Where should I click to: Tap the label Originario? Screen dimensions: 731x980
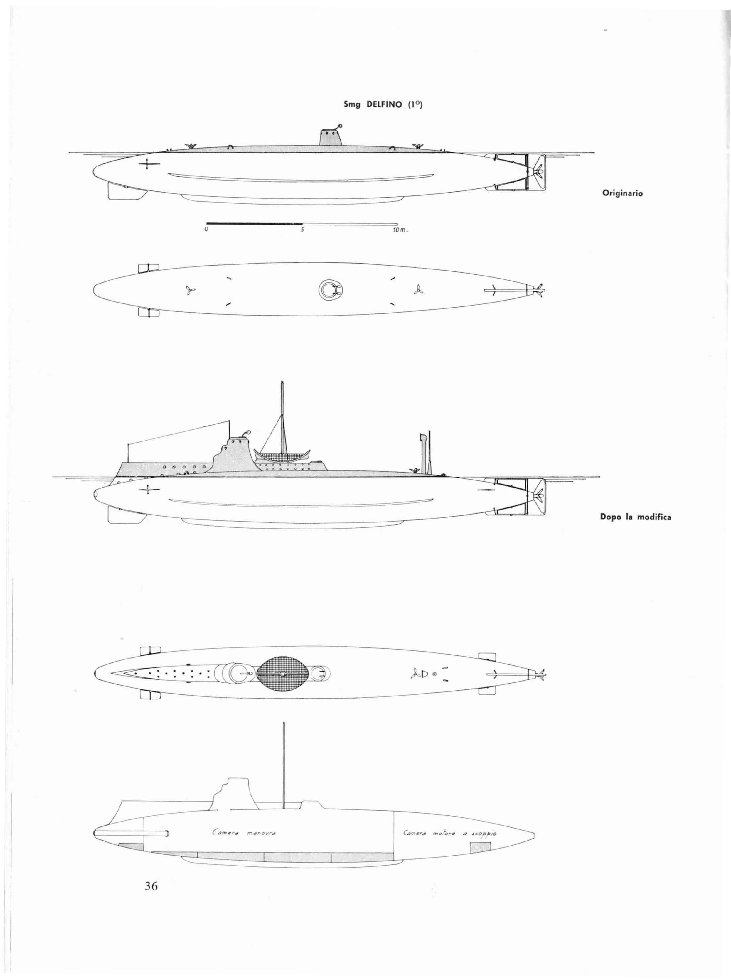pos(622,193)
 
